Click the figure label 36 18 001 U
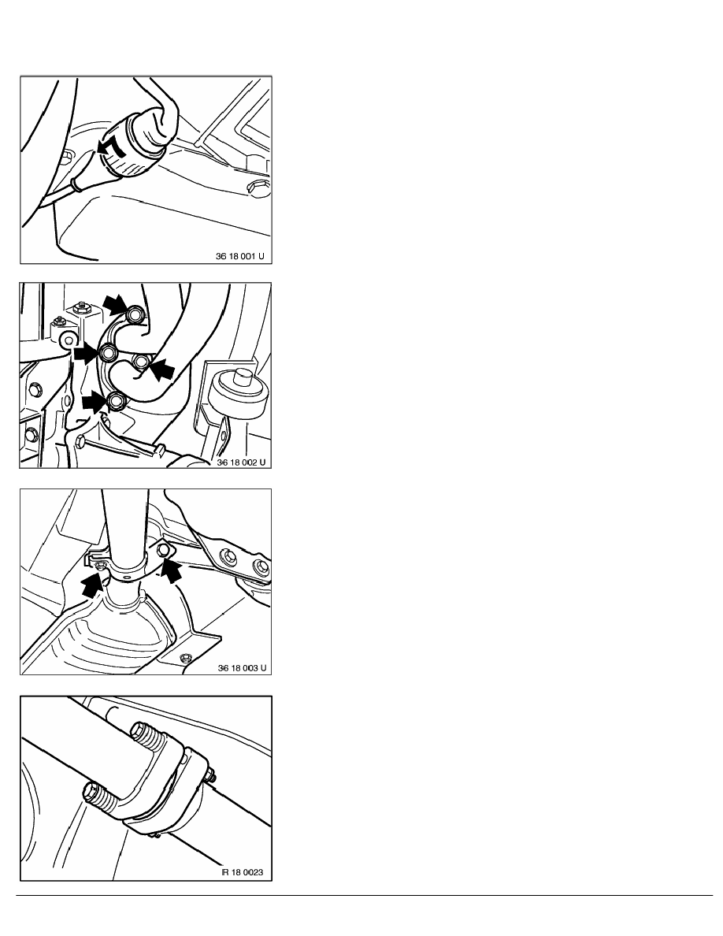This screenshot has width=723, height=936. [x=239, y=256]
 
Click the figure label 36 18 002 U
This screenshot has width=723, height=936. [x=241, y=462]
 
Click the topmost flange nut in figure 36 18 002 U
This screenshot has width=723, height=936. [x=136, y=314]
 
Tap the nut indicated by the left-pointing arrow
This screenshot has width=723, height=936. [x=141, y=362]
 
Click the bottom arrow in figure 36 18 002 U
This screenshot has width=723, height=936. [x=95, y=401]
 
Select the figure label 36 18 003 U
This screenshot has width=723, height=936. [x=242, y=668]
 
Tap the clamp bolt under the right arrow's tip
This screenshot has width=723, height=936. [x=162, y=549]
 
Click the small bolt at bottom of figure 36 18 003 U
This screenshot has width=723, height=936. [x=186, y=658]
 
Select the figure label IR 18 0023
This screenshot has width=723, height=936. [x=243, y=872]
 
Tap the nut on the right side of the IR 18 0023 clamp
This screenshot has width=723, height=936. [x=210, y=776]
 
